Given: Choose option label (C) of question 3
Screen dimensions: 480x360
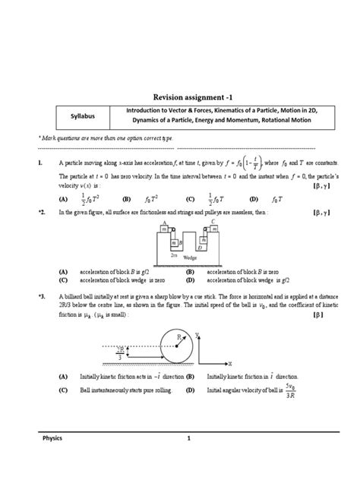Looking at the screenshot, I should pyautogui.click(x=63, y=390).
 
